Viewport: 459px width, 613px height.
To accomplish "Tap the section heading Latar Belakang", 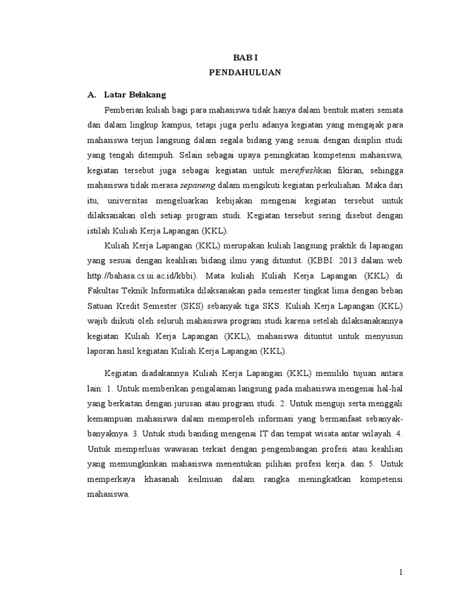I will (135, 95).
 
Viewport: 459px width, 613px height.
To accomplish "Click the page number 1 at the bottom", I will (401, 572).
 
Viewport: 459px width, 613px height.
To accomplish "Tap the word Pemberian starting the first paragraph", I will (125, 110).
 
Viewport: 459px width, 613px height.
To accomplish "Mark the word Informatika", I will (180, 291).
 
